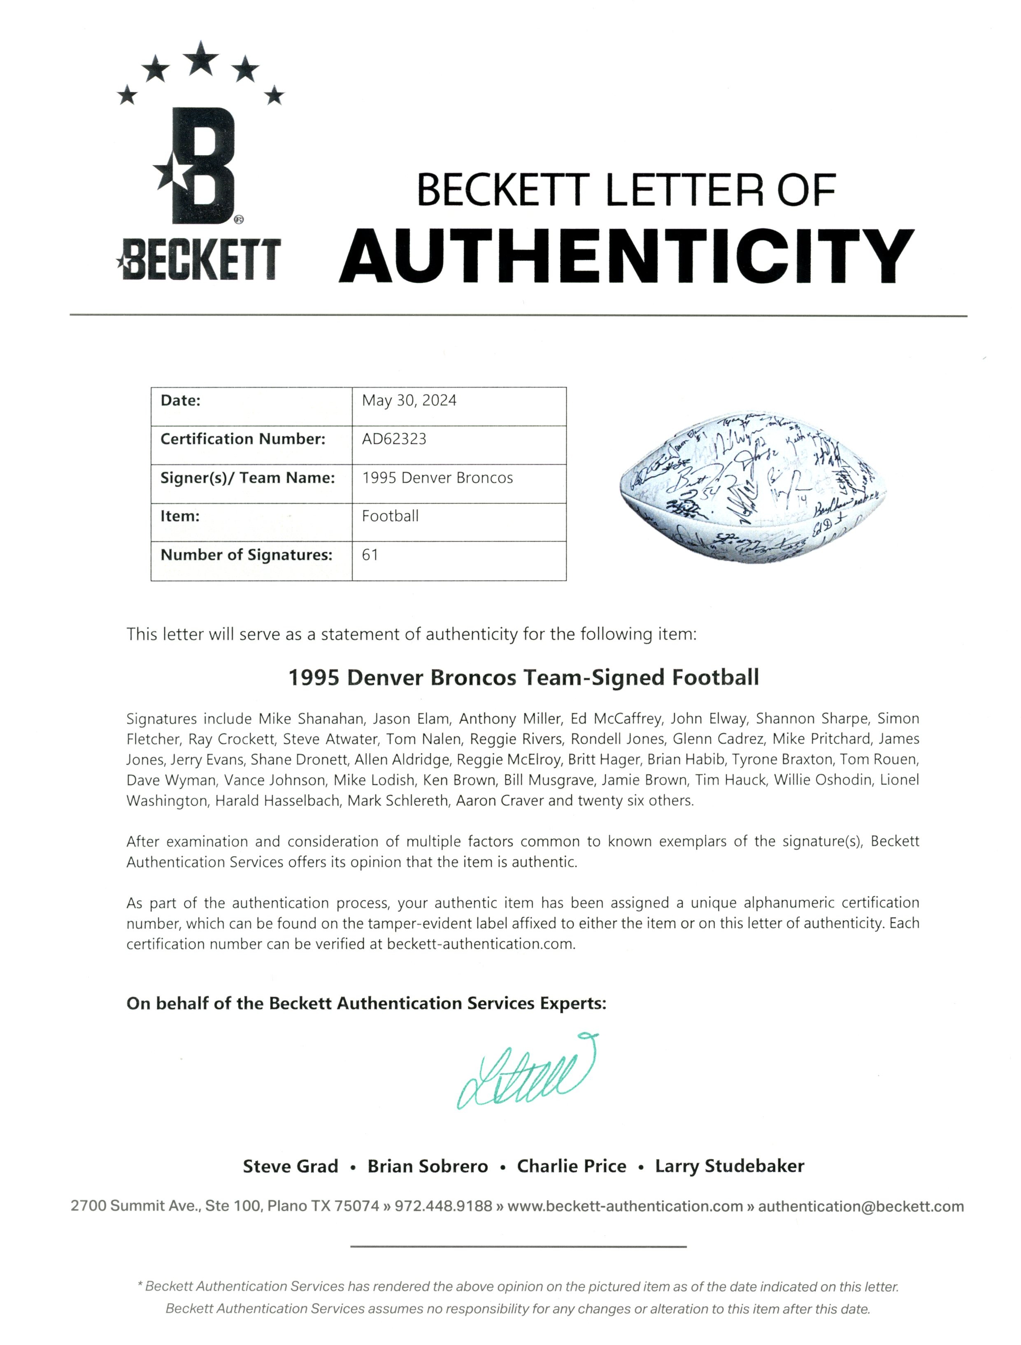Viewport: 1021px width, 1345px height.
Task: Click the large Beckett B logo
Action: (x=196, y=165)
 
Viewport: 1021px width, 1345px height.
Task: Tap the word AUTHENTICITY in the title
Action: (x=626, y=256)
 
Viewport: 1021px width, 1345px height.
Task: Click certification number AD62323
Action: (x=394, y=439)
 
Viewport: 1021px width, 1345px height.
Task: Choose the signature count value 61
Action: (x=370, y=554)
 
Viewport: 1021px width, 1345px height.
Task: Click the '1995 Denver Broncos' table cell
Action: (x=437, y=477)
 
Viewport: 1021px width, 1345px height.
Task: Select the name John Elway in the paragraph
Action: (x=708, y=719)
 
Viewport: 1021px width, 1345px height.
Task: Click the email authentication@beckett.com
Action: (x=861, y=1206)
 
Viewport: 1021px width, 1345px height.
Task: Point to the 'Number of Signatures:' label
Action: (x=246, y=554)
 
